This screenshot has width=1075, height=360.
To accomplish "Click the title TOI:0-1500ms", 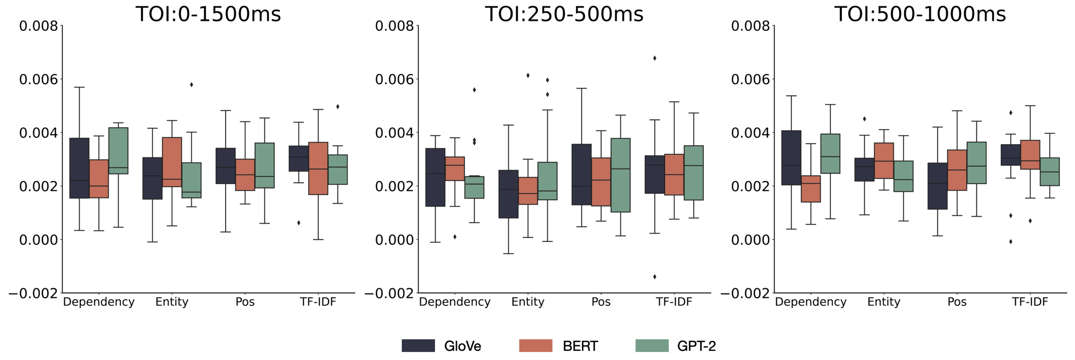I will pyautogui.click(x=208, y=14).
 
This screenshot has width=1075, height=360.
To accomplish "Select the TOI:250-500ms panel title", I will pyautogui.click(x=564, y=14).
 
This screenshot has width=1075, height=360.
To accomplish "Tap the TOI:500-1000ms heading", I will pyautogui.click(x=920, y=14).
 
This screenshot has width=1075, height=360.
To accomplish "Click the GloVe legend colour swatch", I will pyautogui.click(x=418, y=345).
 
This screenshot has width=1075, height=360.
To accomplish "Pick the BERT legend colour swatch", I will pyautogui.click(x=535, y=345).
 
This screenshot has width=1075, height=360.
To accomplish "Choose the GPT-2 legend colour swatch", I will pyautogui.click(x=652, y=345).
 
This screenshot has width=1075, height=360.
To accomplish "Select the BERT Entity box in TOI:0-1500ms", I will pyautogui.click(x=172, y=162).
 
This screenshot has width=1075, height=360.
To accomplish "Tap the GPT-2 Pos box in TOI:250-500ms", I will pyautogui.click(x=620, y=175).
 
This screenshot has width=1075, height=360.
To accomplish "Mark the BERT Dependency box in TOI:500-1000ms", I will pyautogui.click(x=811, y=189).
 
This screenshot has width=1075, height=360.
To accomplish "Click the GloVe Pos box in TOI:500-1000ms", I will pyautogui.click(x=938, y=186).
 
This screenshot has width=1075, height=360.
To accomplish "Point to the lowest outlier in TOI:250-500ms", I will pyautogui.click(x=654, y=277).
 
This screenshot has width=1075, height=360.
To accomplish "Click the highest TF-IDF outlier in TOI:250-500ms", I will pyautogui.click(x=654, y=58).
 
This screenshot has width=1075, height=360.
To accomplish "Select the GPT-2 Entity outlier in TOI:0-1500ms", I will pyautogui.click(x=192, y=85).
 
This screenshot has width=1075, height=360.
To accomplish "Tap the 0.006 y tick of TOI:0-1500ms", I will pyautogui.click(x=38, y=79).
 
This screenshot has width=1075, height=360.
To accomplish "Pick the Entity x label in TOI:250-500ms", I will pyautogui.click(x=528, y=302).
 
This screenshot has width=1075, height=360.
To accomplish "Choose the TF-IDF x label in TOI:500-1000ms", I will pyautogui.click(x=1030, y=302).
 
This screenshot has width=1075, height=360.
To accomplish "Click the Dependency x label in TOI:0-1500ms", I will pyautogui.click(x=99, y=302).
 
